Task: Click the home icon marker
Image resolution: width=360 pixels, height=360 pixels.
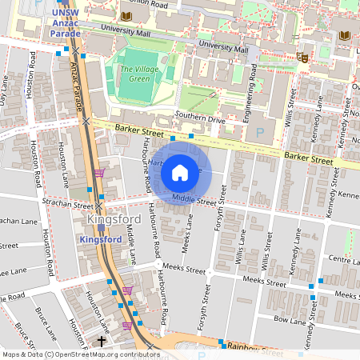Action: click(180, 172)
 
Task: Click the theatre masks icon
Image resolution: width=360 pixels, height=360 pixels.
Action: click(302, 57)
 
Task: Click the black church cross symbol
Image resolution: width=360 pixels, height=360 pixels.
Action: click(101, 342)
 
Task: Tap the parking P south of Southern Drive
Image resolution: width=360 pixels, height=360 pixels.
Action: click(258, 132)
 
